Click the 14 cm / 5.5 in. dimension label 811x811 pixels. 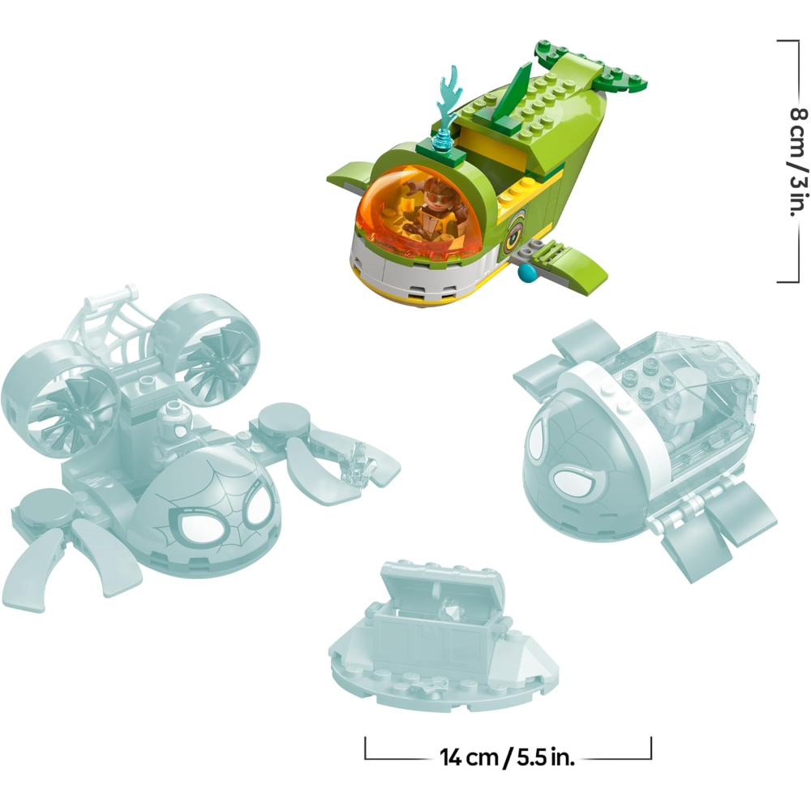pyautogui.click(x=508, y=757)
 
